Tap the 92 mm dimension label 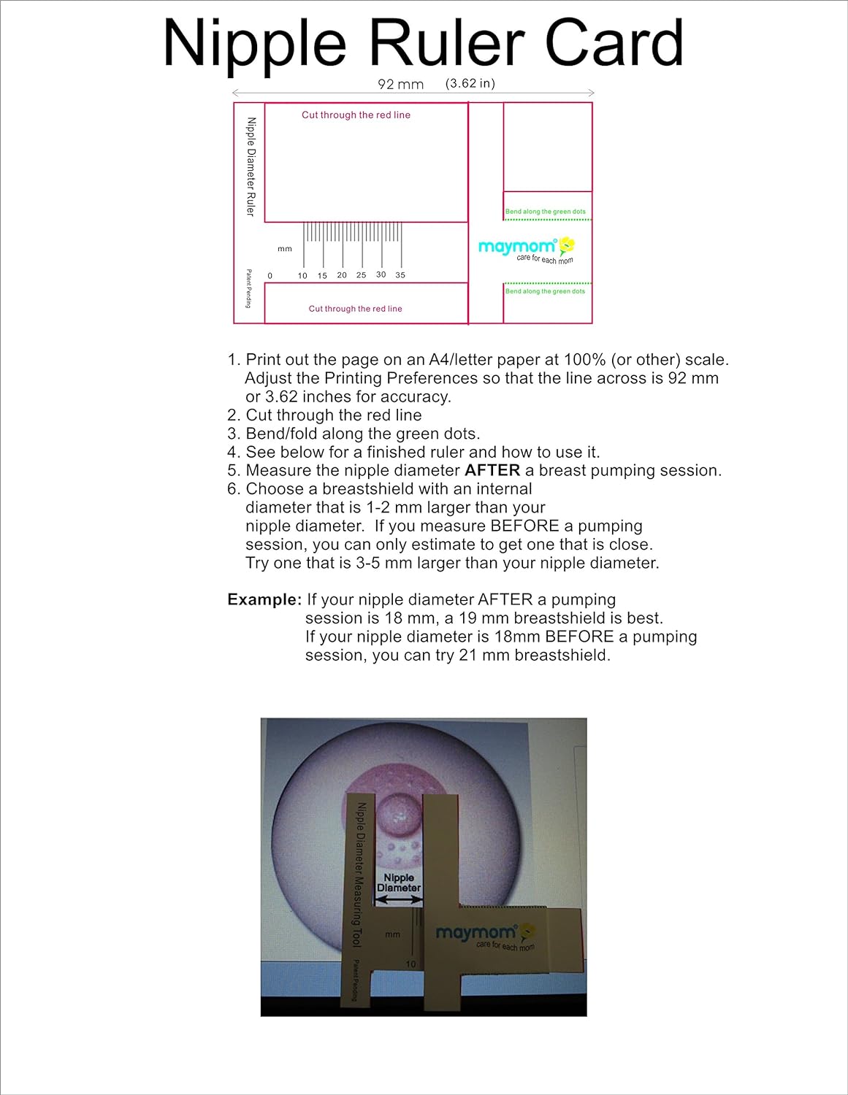coord(400,84)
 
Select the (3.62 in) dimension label coord(470,83)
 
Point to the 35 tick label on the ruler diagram coord(400,275)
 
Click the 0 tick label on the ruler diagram coord(270,276)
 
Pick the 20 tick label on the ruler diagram coord(342,275)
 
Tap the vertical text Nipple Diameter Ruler coord(251,167)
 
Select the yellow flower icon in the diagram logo coord(567,245)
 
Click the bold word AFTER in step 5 coord(492,471)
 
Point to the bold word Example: coord(264,600)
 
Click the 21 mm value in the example coord(484,656)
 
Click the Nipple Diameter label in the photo coord(399,883)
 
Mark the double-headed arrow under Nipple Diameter coord(398,902)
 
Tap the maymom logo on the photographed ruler coord(476,933)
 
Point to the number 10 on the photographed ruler coord(410,964)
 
